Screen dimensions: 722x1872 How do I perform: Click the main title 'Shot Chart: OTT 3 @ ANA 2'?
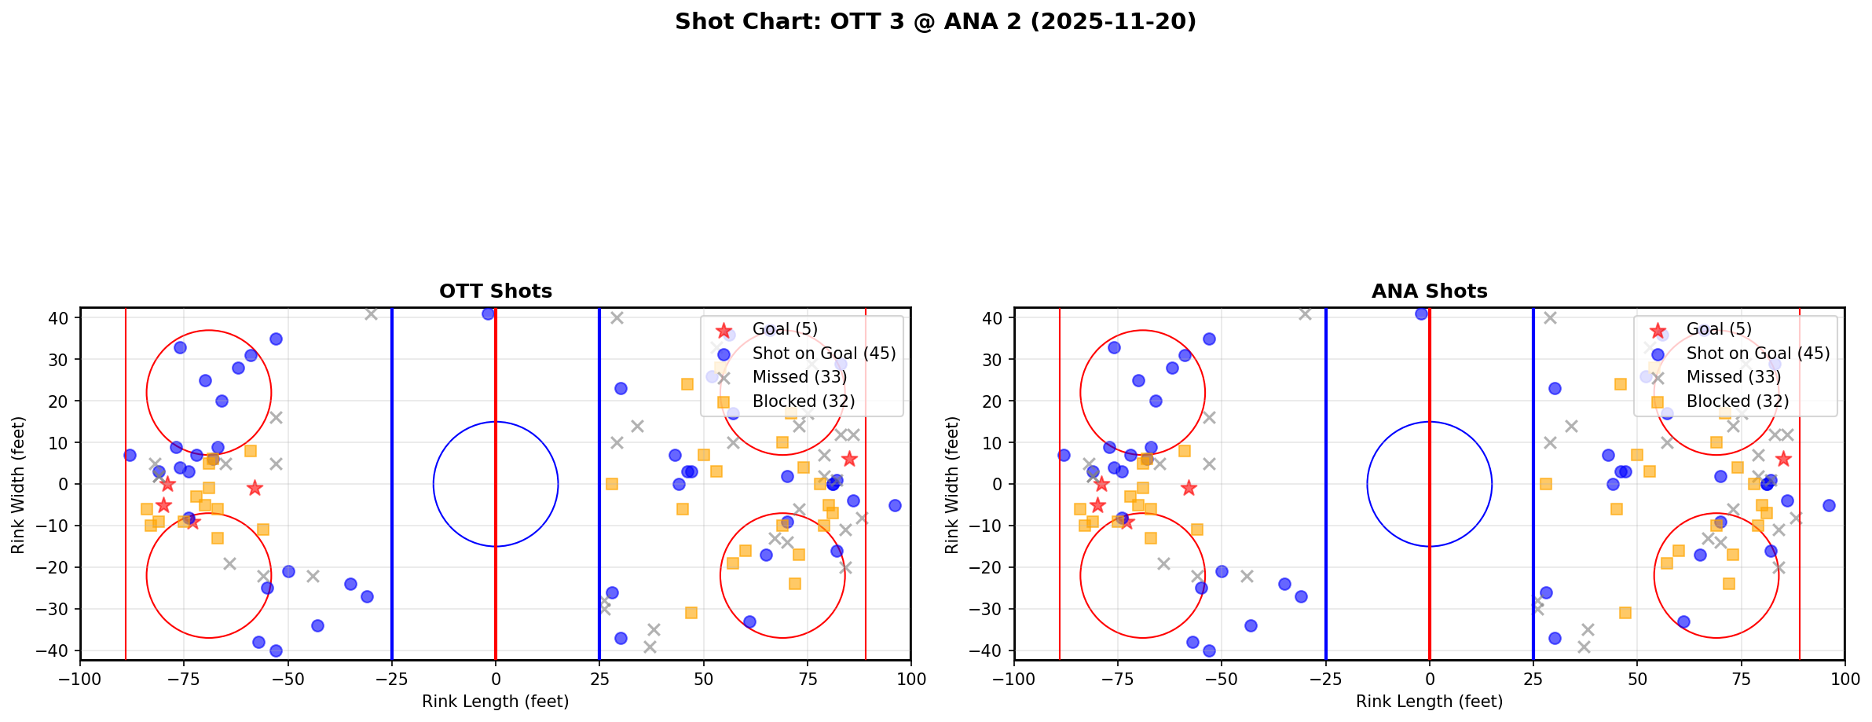click(936, 21)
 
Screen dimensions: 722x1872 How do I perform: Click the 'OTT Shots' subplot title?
click(495, 291)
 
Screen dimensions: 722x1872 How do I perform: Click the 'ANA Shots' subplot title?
click(1429, 291)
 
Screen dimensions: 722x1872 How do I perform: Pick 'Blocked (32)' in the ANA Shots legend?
click(1738, 401)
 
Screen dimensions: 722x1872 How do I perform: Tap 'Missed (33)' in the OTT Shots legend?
click(799, 377)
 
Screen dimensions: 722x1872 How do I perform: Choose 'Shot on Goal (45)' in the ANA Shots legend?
click(1758, 354)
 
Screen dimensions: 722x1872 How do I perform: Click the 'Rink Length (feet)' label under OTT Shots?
click(495, 702)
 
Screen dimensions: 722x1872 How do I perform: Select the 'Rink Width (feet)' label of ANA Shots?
click(952, 484)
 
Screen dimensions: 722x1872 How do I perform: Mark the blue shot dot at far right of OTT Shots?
click(895, 505)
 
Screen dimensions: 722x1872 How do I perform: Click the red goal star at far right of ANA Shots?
click(1783, 459)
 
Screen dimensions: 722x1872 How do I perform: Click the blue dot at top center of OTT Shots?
click(488, 313)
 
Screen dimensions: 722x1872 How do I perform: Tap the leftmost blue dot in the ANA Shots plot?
click(1064, 455)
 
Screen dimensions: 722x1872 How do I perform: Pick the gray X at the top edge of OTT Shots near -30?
click(371, 313)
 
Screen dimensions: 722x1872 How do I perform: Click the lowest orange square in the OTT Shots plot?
click(691, 613)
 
